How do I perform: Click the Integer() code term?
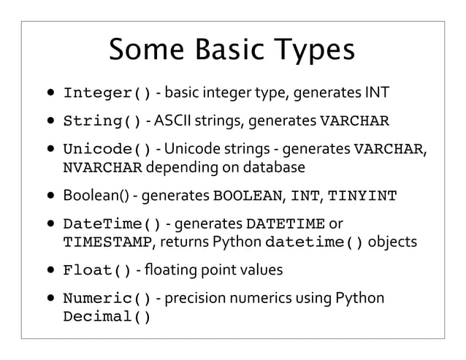pyautogui.click(x=107, y=93)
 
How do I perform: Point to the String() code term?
pyautogui.click(x=102, y=120)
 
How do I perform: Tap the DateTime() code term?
pyautogui.click(x=112, y=223)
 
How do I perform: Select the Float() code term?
pyautogui.click(x=97, y=270)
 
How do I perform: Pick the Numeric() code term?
pyautogui.click(x=107, y=299)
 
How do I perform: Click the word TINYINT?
pyautogui.click(x=364, y=196)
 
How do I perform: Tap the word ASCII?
pyautogui.click(x=182, y=120)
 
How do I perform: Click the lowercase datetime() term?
pyautogui.click(x=316, y=242)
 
